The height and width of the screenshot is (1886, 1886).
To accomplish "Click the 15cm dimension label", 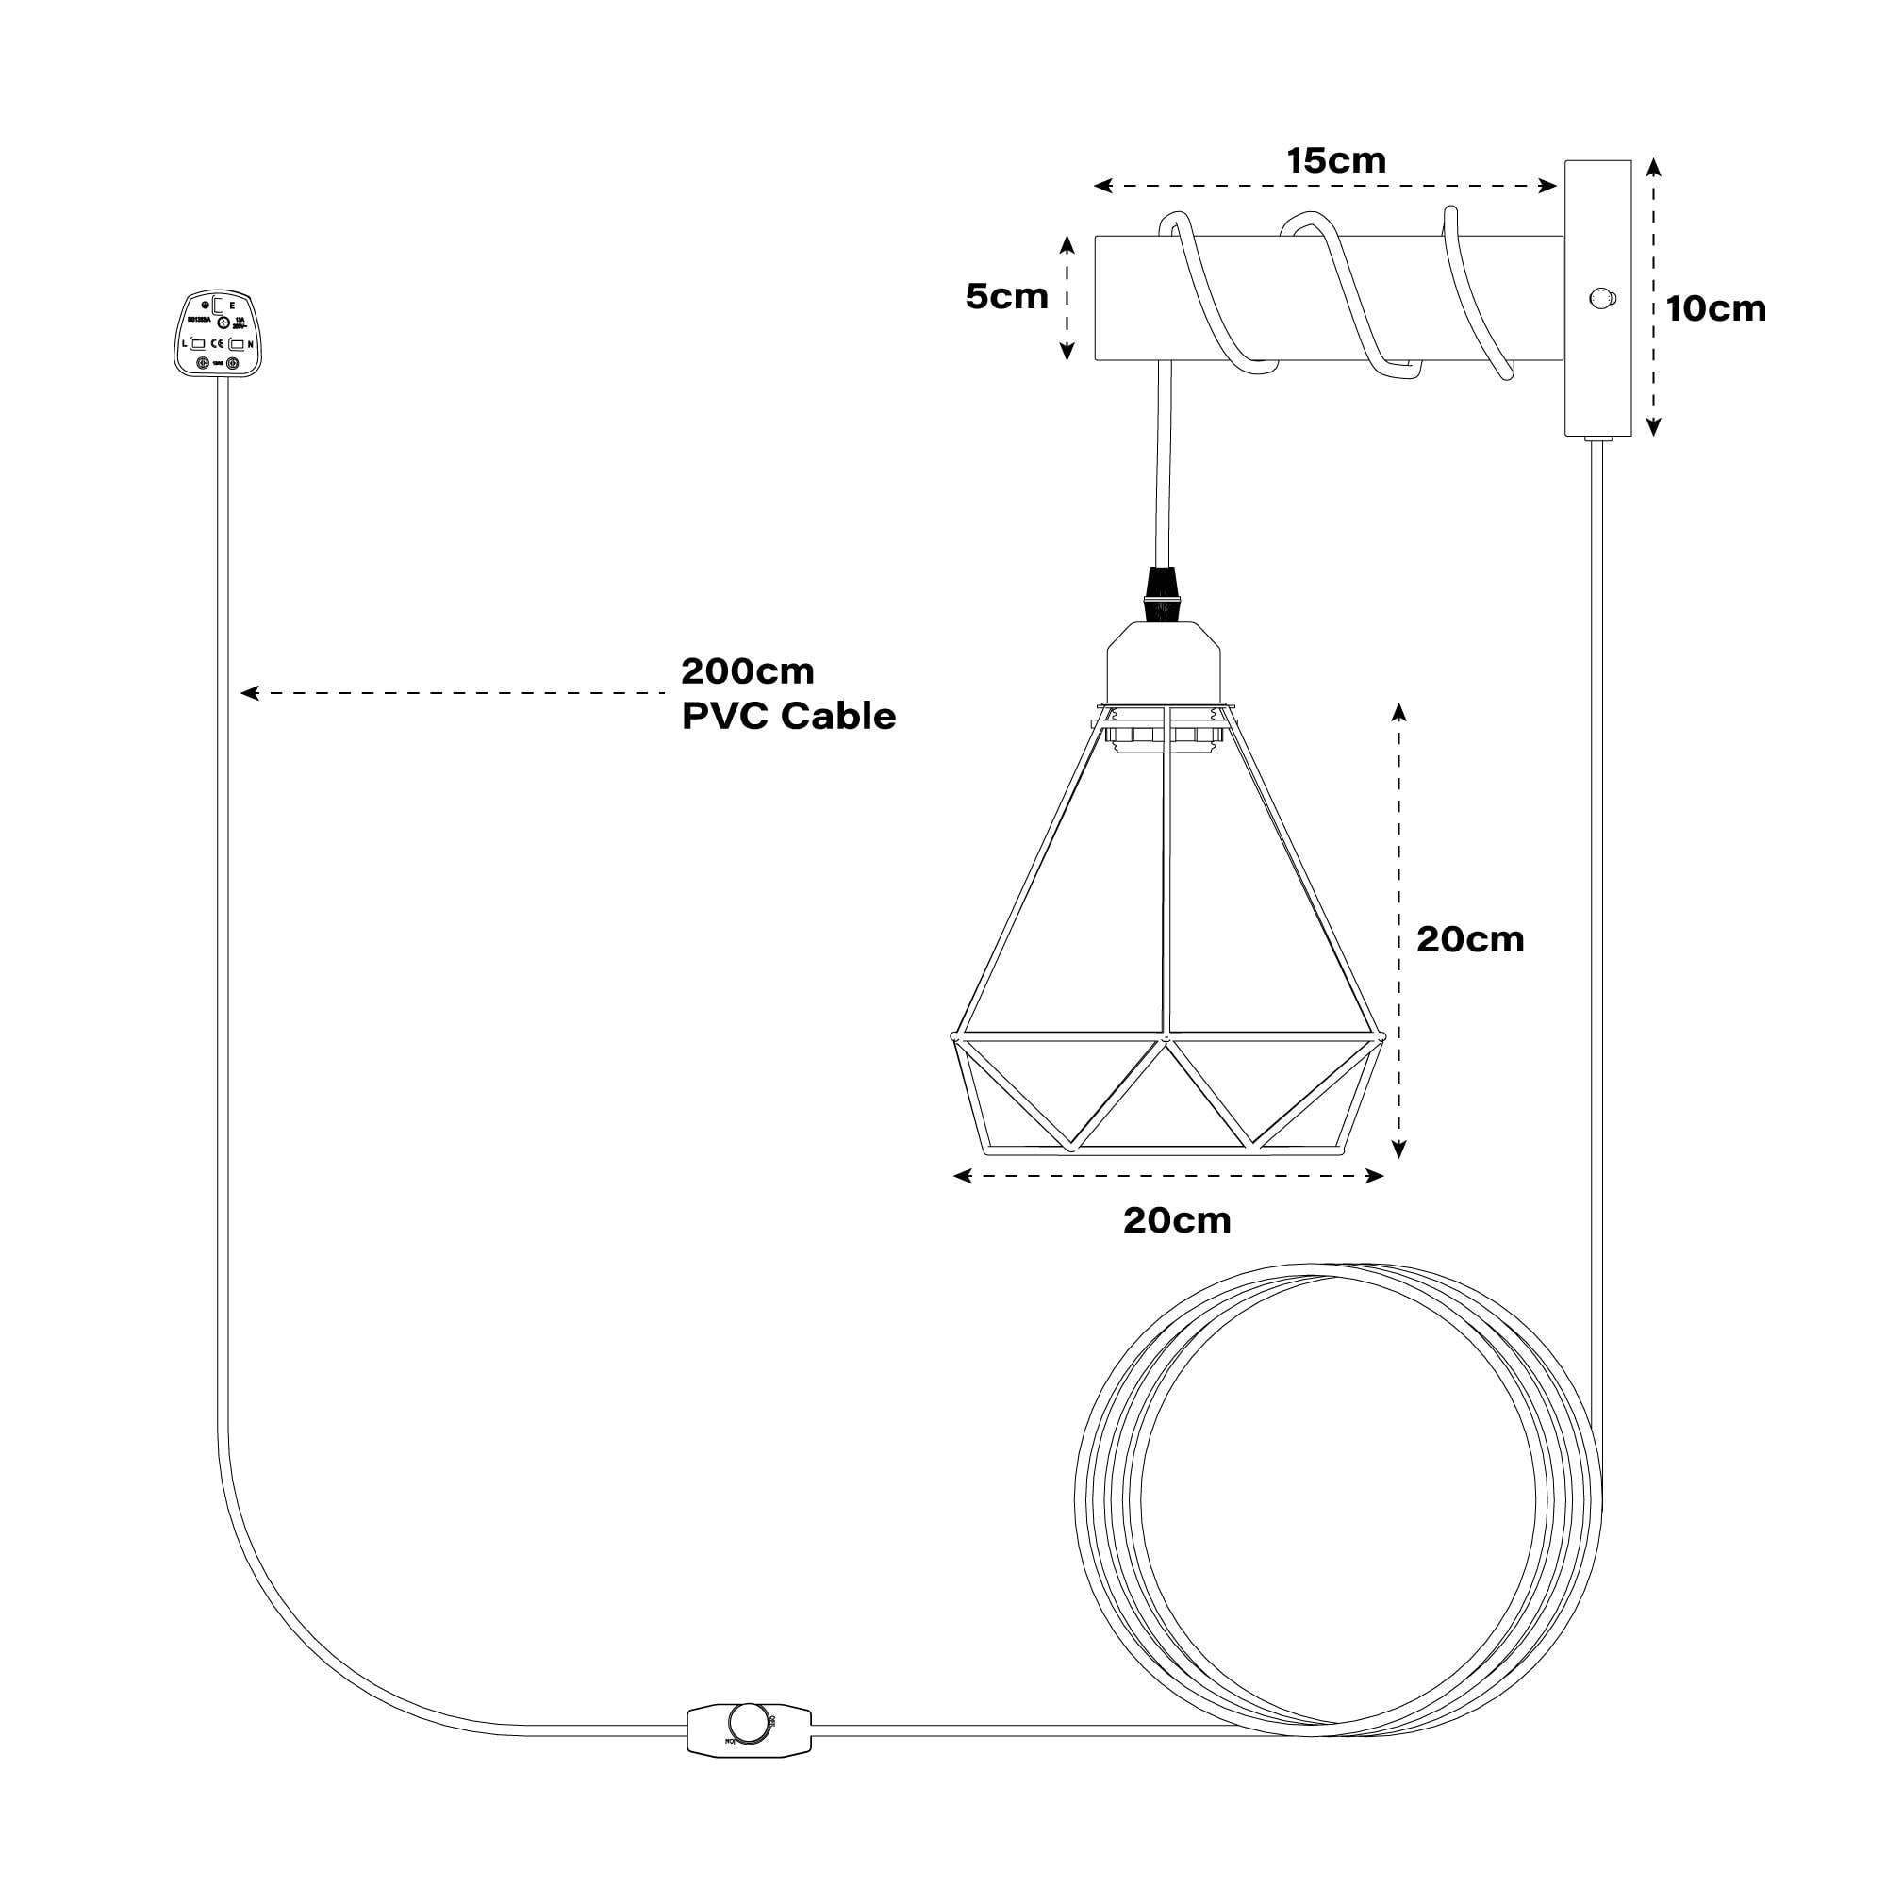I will (1335, 161).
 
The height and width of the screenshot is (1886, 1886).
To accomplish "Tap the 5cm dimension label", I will (1006, 297).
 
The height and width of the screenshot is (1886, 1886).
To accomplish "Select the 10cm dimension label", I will (1716, 308).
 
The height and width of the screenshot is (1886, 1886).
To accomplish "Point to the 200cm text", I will (747, 671).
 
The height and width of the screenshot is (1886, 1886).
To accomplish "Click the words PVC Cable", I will (788, 716).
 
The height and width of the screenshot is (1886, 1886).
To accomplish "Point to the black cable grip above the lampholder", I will (1161, 594).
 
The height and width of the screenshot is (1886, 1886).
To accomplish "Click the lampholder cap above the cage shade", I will (1163, 663).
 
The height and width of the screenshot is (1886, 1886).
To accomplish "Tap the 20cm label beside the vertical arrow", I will (1470, 939).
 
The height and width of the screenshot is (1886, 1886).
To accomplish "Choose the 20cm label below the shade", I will (1177, 1220).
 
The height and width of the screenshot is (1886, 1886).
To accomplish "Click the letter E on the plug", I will (231, 306).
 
